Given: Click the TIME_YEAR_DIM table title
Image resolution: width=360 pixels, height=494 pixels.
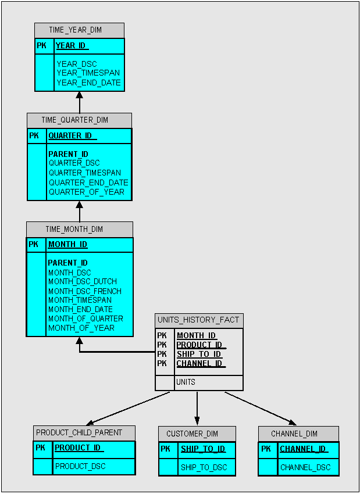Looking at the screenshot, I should click(79, 30).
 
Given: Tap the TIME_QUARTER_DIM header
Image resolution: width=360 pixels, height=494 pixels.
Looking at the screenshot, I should click(79, 120).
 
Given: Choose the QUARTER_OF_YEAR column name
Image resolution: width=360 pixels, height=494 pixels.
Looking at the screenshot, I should click(86, 192).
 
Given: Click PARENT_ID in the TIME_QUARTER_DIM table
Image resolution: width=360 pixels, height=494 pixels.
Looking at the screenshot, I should click(68, 154).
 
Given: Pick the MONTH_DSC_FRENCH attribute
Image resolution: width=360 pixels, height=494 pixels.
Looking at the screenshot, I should click(84, 291).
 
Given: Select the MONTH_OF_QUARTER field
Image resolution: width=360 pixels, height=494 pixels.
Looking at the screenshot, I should click(85, 318).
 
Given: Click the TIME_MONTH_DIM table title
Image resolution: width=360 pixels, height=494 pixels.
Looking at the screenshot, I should click(79, 229).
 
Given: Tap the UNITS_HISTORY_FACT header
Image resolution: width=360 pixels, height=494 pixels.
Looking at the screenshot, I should click(199, 320).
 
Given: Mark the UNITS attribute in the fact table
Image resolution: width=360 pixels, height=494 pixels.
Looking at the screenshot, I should click(186, 382).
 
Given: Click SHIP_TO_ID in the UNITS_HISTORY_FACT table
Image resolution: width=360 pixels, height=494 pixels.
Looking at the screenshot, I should click(199, 354).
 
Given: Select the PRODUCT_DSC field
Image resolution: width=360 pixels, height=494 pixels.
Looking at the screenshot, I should click(80, 466).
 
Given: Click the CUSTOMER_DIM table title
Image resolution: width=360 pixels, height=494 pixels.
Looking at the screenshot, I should click(197, 434).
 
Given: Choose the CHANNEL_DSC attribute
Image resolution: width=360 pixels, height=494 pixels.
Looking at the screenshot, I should click(305, 467).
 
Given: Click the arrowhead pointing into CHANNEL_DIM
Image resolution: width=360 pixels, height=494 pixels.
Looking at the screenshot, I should click(293, 423).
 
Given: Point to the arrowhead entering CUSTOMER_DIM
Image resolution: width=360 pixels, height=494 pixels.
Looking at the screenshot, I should click(197, 422).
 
